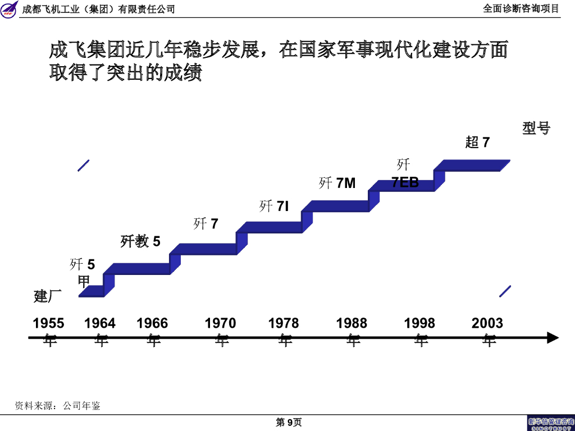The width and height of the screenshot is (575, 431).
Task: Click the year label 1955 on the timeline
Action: (x=49, y=324)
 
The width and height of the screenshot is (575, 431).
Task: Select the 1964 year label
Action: (x=100, y=324)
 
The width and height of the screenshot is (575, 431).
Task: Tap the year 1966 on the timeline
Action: (x=152, y=324)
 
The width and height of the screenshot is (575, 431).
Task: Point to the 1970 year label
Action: (x=221, y=324)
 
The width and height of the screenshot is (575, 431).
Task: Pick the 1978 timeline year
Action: (x=284, y=324)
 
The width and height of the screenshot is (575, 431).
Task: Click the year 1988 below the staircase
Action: (x=352, y=324)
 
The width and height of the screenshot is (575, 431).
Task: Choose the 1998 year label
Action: (x=419, y=324)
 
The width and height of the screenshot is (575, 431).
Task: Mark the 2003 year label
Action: (x=487, y=324)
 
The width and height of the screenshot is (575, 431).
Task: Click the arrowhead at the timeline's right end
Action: (x=553, y=338)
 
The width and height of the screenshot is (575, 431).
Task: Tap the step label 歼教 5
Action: (x=140, y=241)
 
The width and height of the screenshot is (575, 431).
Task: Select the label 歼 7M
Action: (x=337, y=183)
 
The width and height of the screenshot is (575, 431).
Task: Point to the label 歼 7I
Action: (x=274, y=207)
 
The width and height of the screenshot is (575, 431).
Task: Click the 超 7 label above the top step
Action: (x=477, y=143)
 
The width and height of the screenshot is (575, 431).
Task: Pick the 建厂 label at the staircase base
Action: (x=48, y=296)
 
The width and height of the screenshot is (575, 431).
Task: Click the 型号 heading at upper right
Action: (x=536, y=128)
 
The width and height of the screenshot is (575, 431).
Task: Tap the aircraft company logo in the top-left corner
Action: (x=10, y=8)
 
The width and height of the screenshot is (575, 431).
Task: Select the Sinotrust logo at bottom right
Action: (x=551, y=423)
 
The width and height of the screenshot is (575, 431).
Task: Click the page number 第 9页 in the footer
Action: (x=289, y=423)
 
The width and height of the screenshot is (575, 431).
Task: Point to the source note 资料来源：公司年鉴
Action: (x=57, y=406)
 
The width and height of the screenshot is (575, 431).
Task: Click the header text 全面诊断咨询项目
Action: (x=521, y=8)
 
